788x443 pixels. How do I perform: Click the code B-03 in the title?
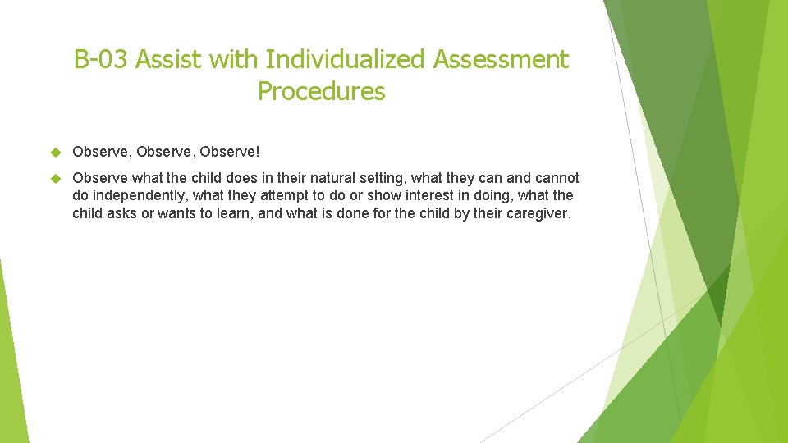coord(100,60)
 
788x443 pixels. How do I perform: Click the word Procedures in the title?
coord(321,91)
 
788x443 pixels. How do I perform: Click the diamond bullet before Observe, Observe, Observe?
coord(57,152)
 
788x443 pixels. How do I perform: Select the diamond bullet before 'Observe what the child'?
coord(57,178)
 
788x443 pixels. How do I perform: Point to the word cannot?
coord(557,178)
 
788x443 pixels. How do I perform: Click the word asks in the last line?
coord(122,213)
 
